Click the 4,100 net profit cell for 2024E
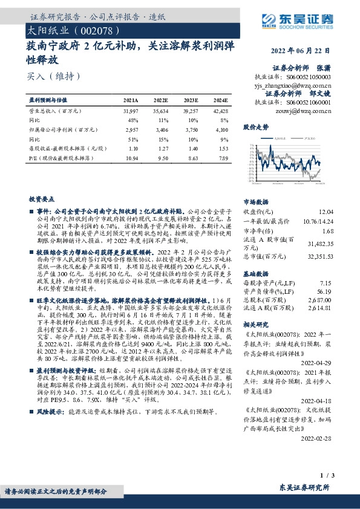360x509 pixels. pyautogui.click(x=221, y=129)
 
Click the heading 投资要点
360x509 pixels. pyautogui.click(x=41, y=198)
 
